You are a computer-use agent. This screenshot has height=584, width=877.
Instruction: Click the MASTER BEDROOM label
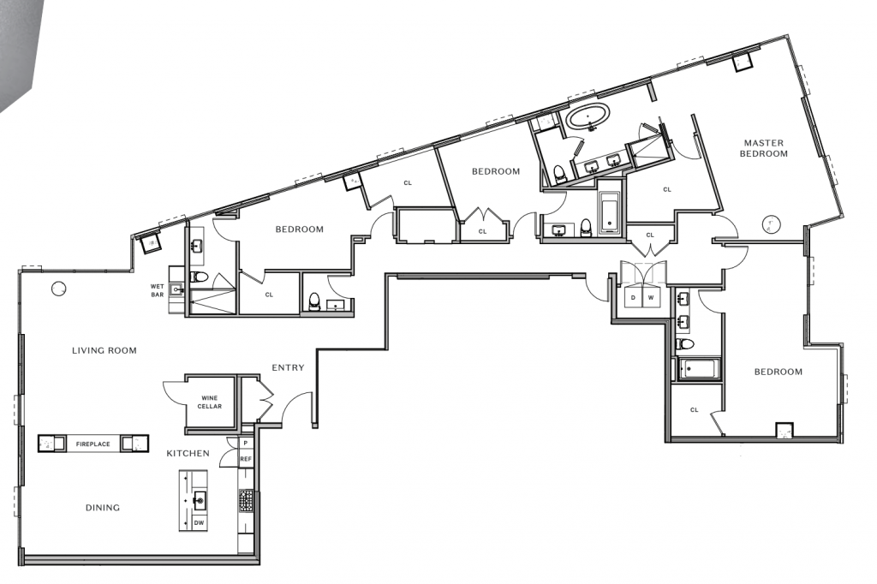[763, 148]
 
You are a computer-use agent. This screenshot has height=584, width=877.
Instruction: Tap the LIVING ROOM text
[104, 351]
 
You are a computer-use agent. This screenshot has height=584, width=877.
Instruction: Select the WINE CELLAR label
[209, 402]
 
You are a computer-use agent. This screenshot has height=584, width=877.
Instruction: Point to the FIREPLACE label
[92, 444]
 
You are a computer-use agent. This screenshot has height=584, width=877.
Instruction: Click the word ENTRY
[288, 367]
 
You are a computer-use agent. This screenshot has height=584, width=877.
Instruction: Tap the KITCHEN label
[188, 453]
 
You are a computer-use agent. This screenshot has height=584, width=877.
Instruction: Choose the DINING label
[103, 508]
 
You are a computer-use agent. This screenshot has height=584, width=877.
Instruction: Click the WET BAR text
[158, 290]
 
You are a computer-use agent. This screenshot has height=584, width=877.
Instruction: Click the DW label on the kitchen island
[199, 523]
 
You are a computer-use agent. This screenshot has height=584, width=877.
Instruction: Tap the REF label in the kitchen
[246, 459]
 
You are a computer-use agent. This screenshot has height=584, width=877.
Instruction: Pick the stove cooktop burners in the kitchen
[246, 501]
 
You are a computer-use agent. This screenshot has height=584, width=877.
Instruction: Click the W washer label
[651, 298]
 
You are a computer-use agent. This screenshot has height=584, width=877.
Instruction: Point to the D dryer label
[633, 298]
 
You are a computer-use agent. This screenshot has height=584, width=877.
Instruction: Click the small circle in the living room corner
[58, 289]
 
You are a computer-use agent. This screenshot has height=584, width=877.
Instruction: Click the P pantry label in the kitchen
[246, 443]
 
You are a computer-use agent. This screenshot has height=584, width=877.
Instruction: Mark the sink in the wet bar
[176, 289]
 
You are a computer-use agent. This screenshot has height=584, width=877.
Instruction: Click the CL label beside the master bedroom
[666, 189]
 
